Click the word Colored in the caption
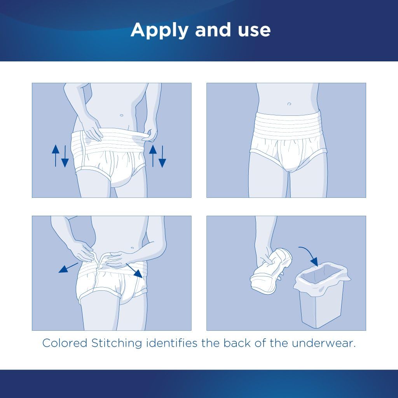[65, 343]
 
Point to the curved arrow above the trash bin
[310, 255]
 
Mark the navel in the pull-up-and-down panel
[122, 115]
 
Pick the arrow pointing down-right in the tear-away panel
[135, 271]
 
